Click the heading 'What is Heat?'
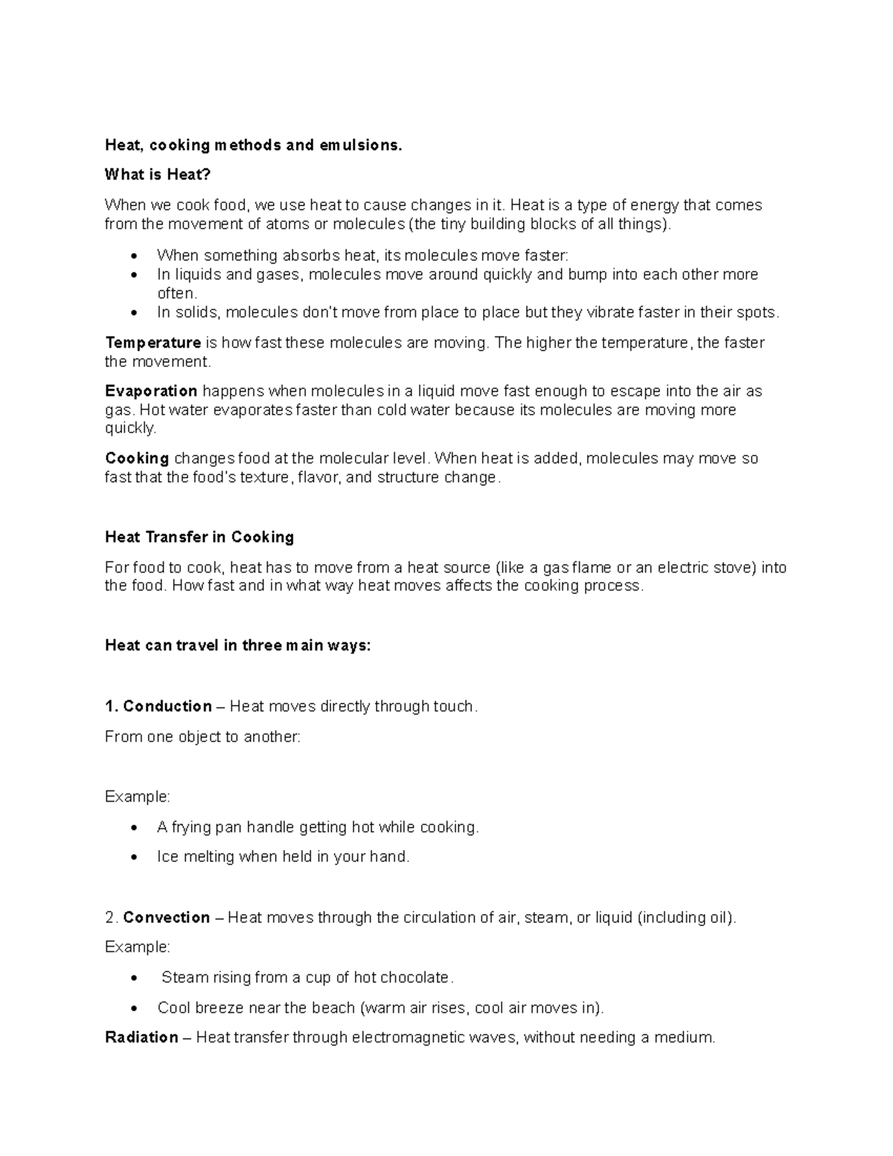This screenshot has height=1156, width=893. coord(158,175)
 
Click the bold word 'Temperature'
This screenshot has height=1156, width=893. coord(153,343)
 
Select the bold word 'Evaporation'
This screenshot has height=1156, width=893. coord(151,392)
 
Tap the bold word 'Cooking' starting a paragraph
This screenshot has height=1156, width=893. coord(137,459)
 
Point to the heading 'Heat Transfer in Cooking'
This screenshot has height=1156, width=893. coord(199,537)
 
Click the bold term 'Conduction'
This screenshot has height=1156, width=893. coord(167,706)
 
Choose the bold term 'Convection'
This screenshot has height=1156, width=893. coord(167,918)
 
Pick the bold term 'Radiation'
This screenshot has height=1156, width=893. coord(141,1038)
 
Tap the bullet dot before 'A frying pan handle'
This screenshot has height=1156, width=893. coord(134,828)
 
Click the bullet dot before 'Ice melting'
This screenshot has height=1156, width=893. coord(134,858)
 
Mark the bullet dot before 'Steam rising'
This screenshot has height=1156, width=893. coord(134,978)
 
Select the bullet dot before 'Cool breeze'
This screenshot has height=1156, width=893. coord(134,1009)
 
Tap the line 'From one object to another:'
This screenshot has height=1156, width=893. coord(202,737)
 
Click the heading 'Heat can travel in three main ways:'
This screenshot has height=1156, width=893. coord(237,645)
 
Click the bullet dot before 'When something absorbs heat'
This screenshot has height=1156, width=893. coord(134,256)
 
